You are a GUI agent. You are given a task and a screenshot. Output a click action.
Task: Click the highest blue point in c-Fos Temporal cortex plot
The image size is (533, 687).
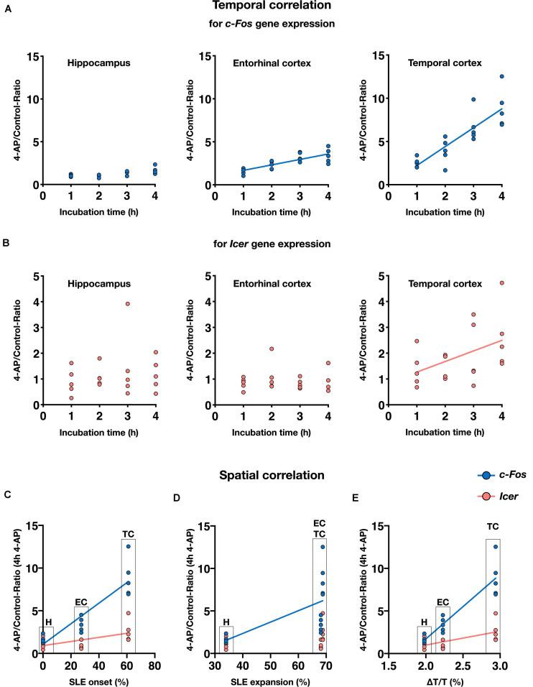coord(482,76)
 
